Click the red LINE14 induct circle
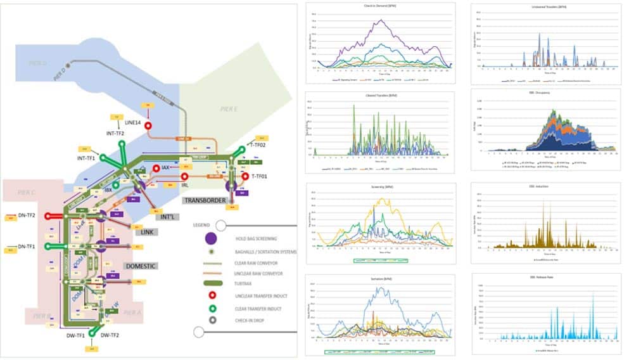(149, 126)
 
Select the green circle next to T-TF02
(241, 150)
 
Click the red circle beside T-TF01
(245, 176)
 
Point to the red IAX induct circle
(156, 168)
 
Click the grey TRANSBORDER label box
(205, 200)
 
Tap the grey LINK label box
(147, 233)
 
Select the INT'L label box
(167, 217)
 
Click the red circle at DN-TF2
(48, 216)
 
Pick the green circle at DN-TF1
(48, 247)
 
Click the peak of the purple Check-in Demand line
(381, 21)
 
